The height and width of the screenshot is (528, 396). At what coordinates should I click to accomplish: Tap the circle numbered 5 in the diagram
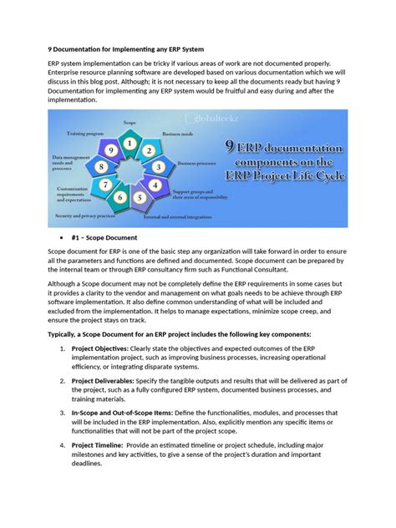click(140, 198)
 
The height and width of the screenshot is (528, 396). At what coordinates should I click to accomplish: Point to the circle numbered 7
click(104, 184)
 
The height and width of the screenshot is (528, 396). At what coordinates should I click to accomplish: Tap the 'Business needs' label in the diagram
click(177, 133)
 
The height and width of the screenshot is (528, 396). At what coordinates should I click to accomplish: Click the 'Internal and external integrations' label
click(179, 216)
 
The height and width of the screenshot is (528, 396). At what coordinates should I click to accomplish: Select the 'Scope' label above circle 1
click(129, 123)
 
